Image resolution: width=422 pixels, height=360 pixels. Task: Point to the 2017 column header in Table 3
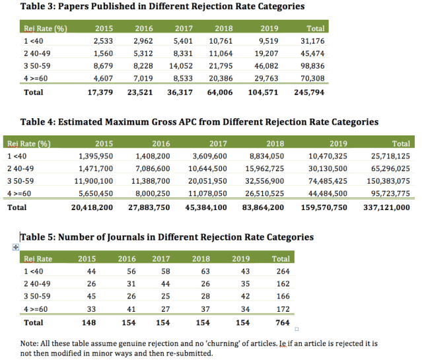pos(184,28)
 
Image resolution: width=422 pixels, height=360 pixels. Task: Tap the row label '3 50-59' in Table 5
pos(37,297)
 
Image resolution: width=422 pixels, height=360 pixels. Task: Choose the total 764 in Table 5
pos(281,322)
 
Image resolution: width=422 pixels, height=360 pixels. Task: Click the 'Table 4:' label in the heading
pos(25,122)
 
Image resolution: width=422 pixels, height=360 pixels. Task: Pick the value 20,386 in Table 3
pos(226,79)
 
